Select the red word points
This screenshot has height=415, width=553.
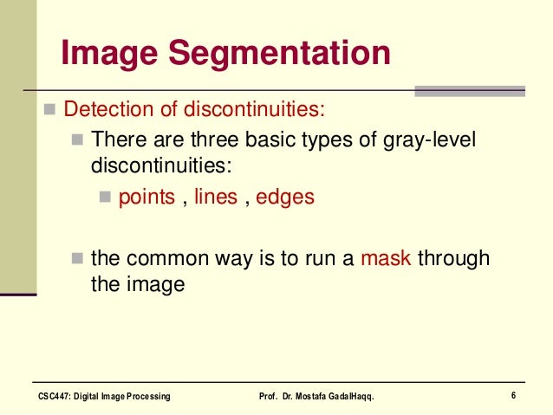pos(146,197)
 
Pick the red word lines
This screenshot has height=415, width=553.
pos(216,197)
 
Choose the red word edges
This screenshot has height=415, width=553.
pos(285,197)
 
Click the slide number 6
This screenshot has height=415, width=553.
pos(514,396)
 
